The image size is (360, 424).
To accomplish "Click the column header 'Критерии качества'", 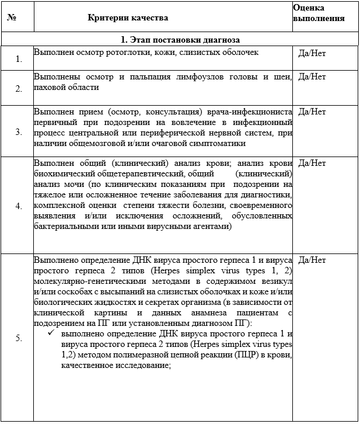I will click(128, 18).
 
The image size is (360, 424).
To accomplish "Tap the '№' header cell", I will click(11, 18).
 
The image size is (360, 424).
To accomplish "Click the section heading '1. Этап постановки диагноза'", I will click(180, 40).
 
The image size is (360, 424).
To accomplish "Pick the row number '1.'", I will click(19, 59).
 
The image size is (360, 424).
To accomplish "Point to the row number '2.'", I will click(19, 89).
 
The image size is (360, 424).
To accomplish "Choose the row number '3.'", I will click(19, 132).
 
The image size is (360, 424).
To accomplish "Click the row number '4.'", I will click(19, 206).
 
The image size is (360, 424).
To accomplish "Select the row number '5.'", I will click(19, 338).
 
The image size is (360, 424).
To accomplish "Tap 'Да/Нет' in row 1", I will click(312, 53).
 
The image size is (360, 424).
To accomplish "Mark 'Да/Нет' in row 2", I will click(312, 77).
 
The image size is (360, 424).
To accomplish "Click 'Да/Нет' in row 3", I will click(312, 112).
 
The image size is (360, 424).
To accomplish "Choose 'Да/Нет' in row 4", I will click(312, 163).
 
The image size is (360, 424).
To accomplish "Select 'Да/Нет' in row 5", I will click(312, 260).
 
